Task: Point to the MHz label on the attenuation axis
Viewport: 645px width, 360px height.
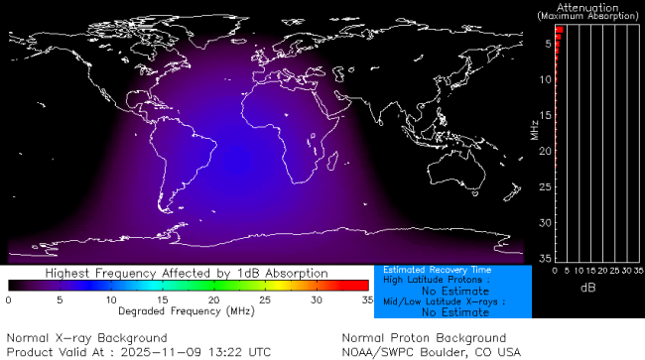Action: click(534, 130)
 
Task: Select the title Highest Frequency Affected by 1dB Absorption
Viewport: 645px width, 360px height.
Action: click(188, 273)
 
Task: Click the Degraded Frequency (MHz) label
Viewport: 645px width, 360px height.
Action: click(188, 311)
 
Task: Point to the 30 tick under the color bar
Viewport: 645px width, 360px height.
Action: click(317, 300)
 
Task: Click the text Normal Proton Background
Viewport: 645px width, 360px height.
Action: click(424, 338)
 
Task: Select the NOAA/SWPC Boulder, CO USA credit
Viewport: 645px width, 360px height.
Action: click(431, 351)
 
